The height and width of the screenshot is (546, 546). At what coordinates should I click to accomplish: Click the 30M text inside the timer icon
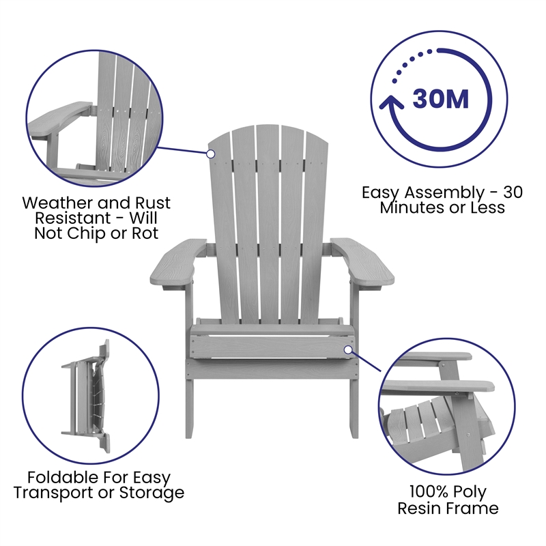click(x=440, y=100)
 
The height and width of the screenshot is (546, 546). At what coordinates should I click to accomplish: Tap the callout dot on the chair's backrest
click(x=212, y=154)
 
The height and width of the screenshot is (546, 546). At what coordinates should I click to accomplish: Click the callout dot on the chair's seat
click(x=348, y=349)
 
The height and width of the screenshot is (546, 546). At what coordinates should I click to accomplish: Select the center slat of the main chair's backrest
click(x=270, y=218)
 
